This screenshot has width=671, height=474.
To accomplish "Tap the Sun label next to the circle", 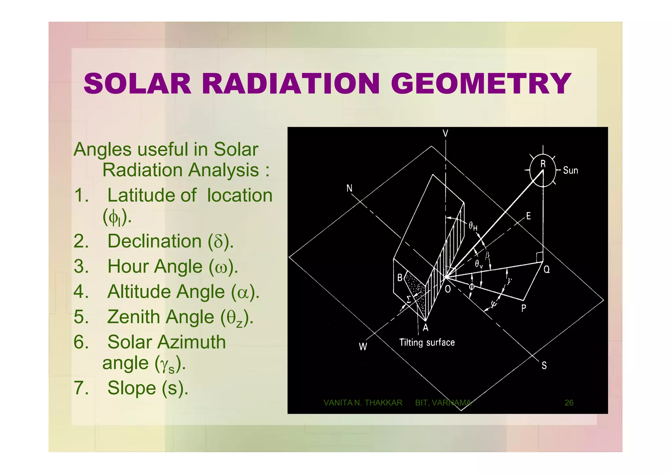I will click(x=570, y=171).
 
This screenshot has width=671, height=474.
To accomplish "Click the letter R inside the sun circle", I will click(x=543, y=164).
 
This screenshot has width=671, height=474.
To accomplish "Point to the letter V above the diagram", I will click(x=445, y=133).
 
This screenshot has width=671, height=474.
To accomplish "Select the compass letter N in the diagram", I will click(x=349, y=188).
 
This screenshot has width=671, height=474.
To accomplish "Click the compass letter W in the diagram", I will click(x=363, y=347).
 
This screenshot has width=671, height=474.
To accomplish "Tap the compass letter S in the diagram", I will click(x=544, y=366).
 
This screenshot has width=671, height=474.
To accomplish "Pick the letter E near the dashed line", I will click(x=528, y=216).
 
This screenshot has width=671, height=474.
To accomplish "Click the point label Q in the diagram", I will click(x=547, y=270).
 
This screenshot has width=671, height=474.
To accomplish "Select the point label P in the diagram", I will click(x=524, y=308).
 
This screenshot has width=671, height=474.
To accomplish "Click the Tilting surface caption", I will click(x=427, y=343).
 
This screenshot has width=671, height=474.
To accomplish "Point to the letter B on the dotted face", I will click(x=400, y=278).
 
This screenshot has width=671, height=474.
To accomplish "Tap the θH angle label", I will click(x=473, y=226).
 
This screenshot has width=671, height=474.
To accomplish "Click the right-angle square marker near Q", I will click(x=539, y=257).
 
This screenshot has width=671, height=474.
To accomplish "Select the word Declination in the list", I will click(x=154, y=241).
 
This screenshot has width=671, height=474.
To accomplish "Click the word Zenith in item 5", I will click(x=161, y=317).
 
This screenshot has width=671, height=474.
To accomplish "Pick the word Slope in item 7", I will click(x=132, y=388).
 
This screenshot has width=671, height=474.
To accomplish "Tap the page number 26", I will click(x=569, y=403).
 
